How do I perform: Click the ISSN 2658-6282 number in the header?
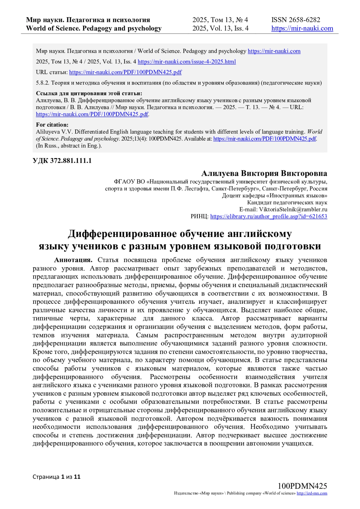click(x=295, y=20)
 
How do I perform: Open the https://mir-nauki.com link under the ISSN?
click(x=302, y=28)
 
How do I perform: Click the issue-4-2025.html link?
click(x=187, y=62)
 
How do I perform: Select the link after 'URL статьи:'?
click(x=125, y=72)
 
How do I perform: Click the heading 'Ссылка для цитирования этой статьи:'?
click(x=89, y=93)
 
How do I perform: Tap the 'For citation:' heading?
click(x=52, y=125)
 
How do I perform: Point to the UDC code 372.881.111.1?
click(x=62, y=161)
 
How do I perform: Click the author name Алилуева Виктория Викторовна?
click(x=264, y=174)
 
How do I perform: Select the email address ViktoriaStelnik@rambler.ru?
click(x=293, y=210)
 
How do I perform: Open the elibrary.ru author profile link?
click(x=268, y=217)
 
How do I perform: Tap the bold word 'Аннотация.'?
click(x=73, y=260)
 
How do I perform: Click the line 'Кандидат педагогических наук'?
click(x=287, y=203)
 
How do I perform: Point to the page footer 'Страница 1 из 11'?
click(x=56, y=477)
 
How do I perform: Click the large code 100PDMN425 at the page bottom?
click(x=302, y=486)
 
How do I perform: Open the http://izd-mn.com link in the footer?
click(x=312, y=493)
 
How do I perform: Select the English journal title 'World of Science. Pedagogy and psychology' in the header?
click(x=94, y=28)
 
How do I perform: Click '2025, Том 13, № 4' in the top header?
click(x=220, y=20)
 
